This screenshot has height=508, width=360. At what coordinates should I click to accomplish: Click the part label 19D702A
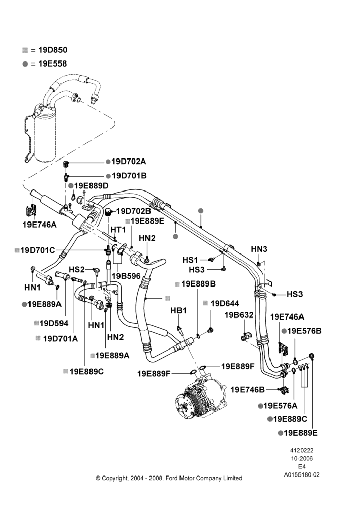tap(129, 162)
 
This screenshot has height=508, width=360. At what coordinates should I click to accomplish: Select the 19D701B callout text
tap(129, 176)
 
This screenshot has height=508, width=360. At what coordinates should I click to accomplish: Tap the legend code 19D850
tap(52, 50)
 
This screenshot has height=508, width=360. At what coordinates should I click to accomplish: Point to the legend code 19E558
tap(52, 63)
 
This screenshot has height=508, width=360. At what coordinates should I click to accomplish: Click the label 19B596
tap(126, 276)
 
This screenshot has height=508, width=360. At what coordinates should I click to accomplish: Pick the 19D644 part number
tap(225, 303)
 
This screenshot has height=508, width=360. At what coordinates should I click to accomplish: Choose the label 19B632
tap(239, 315)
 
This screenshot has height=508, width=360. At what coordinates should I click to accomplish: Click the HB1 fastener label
tap(178, 311)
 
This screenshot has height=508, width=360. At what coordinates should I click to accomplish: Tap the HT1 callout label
tap(118, 230)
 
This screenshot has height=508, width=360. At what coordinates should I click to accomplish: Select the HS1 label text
tap(190, 260)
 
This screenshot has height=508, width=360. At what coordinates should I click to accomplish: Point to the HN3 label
tap(259, 249)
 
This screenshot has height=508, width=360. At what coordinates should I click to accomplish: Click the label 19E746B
tap(248, 390)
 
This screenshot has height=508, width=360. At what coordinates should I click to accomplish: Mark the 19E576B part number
tap(304, 331)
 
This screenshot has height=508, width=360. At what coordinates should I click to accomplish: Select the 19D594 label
tap(54, 323)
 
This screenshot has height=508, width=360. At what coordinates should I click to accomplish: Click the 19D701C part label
tap(38, 250)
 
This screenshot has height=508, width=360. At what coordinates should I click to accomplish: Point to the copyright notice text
tap(169, 478)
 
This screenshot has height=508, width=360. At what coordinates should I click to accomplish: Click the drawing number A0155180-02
tap(302, 474)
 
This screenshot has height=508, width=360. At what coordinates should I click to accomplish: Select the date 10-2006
tap(302, 458)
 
